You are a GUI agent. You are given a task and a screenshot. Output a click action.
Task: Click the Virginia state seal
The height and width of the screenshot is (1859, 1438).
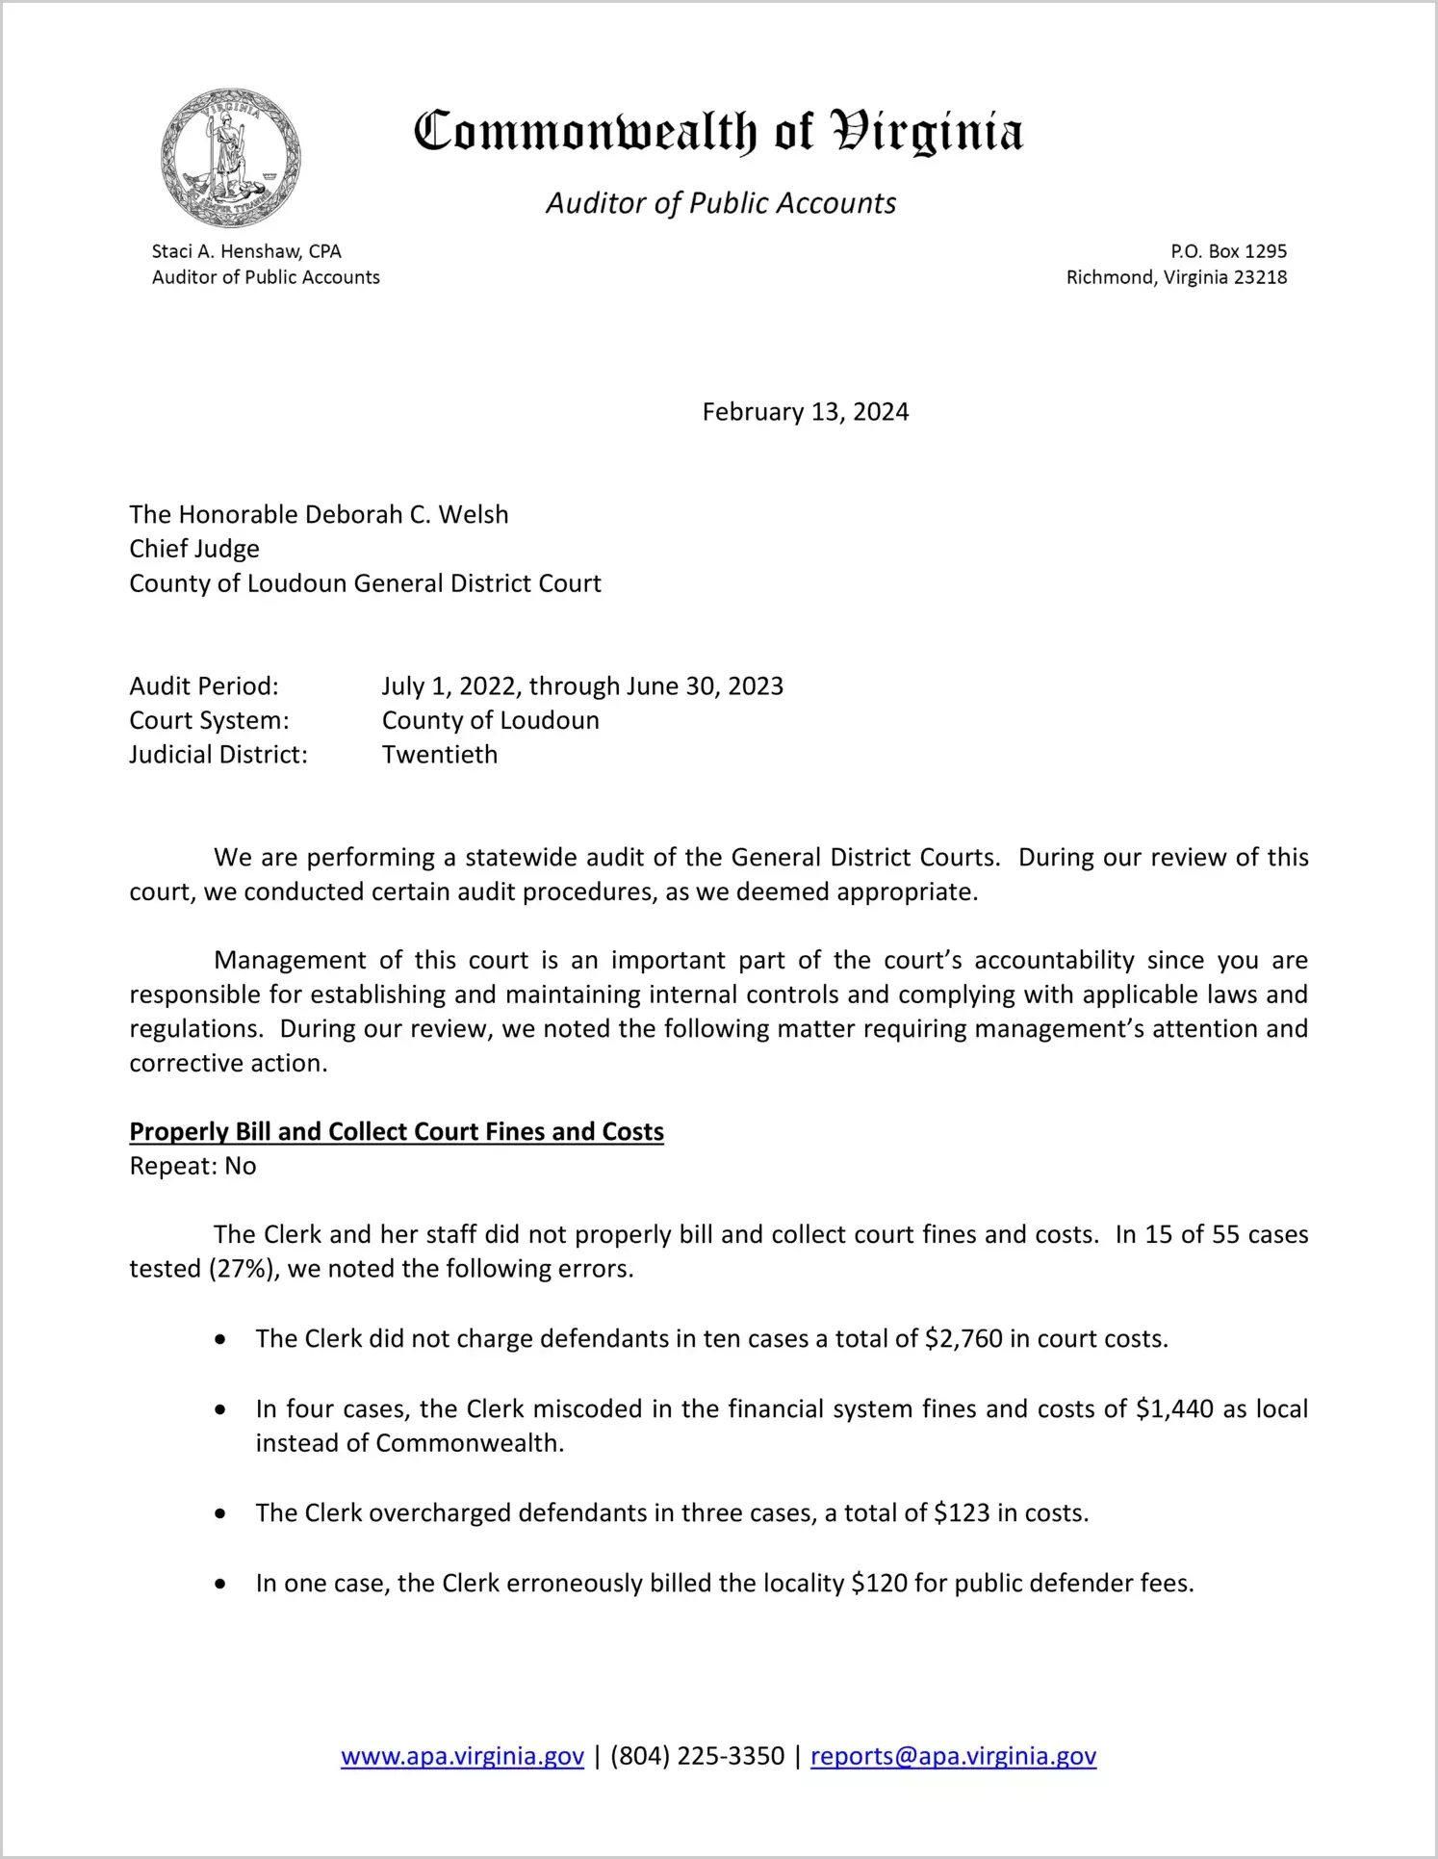(x=231, y=158)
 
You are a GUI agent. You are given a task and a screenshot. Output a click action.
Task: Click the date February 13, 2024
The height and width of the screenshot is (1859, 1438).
(x=805, y=412)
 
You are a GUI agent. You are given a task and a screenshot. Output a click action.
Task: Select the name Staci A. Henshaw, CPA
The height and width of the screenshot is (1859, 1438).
(x=246, y=251)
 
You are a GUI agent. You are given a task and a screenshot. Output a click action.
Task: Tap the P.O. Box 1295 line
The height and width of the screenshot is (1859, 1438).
(x=1228, y=251)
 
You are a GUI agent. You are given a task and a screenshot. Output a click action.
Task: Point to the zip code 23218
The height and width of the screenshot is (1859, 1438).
(x=1260, y=277)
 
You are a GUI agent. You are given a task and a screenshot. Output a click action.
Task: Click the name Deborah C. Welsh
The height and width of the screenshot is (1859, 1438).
(x=406, y=514)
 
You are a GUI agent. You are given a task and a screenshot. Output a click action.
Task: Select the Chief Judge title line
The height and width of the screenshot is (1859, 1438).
(x=194, y=549)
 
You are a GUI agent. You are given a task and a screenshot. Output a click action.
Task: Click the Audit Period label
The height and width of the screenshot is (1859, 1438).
(x=204, y=686)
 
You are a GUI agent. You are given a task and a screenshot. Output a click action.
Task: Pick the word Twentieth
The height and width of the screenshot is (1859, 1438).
(x=440, y=755)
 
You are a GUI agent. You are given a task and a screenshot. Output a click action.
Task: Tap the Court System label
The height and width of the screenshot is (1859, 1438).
(x=209, y=720)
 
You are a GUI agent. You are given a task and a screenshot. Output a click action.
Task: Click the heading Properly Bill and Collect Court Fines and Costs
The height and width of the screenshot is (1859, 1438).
(x=397, y=1131)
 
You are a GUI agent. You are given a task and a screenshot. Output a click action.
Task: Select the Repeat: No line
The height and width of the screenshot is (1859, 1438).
(x=193, y=1166)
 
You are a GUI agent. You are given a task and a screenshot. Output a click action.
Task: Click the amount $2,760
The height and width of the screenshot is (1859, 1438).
(x=963, y=1339)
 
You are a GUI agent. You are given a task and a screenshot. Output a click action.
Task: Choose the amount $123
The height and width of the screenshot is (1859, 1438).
(x=962, y=1513)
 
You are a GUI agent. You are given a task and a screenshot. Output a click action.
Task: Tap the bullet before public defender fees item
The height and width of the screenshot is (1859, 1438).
(x=221, y=1584)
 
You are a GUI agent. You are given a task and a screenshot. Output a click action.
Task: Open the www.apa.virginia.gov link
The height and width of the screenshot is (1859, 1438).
(x=462, y=1756)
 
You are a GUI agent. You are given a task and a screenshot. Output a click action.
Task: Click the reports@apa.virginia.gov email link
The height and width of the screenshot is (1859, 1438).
(x=953, y=1756)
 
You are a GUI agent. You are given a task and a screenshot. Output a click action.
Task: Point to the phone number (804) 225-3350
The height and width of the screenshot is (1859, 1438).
(x=697, y=1756)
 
